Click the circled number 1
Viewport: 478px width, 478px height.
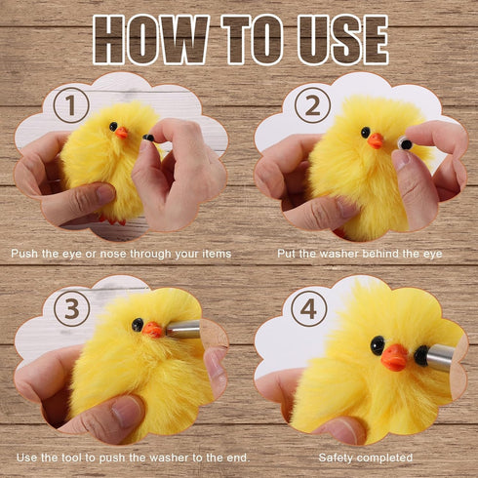[x=71, y=105]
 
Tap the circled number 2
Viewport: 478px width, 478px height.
[x=312, y=105]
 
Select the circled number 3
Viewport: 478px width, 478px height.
[x=72, y=308]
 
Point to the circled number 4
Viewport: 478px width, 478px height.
[x=309, y=308]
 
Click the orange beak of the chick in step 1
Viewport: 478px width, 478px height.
[x=122, y=133]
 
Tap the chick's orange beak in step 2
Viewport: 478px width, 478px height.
[x=376, y=140]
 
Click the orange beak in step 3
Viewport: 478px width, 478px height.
[x=152, y=330]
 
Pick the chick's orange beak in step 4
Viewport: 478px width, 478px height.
[x=394, y=358]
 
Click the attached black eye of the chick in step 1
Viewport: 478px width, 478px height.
[x=113, y=127]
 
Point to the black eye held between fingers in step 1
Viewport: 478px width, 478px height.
[x=148, y=138]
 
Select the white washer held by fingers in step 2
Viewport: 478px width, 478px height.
[x=405, y=143]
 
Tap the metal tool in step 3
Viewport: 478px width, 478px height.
[x=182, y=329]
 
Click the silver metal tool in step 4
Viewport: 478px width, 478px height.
[x=441, y=357]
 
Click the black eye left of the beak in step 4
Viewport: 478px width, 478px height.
[x=378, y=345]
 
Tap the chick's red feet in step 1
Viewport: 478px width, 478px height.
[x=113, y=219]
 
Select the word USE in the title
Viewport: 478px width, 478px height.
[x=343, y=40]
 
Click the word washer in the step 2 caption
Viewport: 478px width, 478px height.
[x=339, y=254]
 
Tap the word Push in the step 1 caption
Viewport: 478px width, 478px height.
[x=24, y=254]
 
